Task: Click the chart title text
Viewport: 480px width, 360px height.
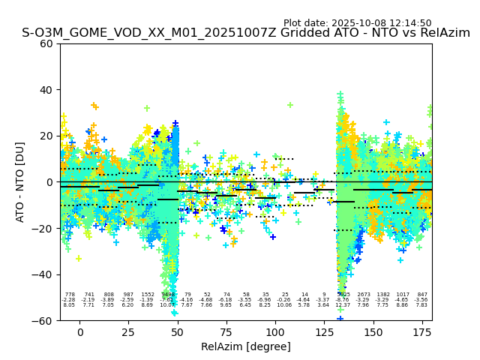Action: [x=246, y=33]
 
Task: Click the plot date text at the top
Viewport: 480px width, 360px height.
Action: [x=357, y=23]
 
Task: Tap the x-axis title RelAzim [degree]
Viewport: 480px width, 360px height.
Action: [x=246, y=346]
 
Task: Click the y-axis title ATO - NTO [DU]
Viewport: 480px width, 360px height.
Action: [x=20, y=181]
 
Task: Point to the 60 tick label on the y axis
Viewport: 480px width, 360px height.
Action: [x=46, y=43]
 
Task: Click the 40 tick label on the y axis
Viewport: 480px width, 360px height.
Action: [x=46, y=90]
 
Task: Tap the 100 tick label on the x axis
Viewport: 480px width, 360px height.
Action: [x=275, y=332]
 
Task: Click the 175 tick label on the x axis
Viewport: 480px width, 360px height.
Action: [x=421, y=332]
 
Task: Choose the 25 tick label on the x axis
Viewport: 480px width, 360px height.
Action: [x=128, y=332]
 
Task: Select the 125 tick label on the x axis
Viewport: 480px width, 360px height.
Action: [x=324, y=332]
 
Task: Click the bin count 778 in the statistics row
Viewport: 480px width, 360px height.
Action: [x=70, y=295]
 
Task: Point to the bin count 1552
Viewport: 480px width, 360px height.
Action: [x=148, y=295]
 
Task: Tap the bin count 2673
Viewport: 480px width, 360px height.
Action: [x=364, y=295]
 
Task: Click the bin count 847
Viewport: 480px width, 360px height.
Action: [x=422, y=295]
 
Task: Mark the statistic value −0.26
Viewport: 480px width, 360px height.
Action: [x=284, y=300]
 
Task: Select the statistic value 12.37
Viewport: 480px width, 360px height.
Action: [x=343, y=305]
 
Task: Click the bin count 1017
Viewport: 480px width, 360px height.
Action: [x=403, y=295]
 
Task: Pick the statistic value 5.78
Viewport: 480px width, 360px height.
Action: [x=304, y=305]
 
